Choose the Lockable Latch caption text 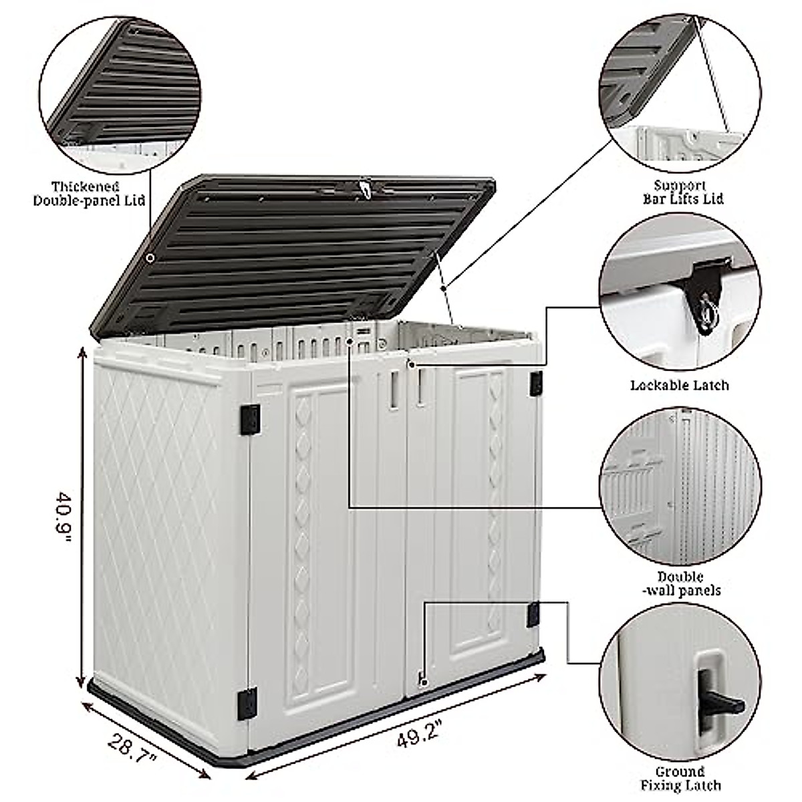(680, 385)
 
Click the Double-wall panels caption (680, 583)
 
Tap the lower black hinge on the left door (249, 702)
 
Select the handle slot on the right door (420, 388)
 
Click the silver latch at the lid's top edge (364, 188)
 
